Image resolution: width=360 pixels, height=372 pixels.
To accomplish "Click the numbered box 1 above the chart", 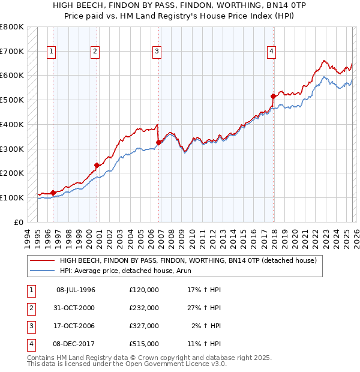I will [x=52, y=52].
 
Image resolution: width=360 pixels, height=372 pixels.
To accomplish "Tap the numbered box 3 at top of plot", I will [x=157, y=52].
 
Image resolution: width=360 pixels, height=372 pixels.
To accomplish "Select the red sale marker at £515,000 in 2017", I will [x=273, y=96].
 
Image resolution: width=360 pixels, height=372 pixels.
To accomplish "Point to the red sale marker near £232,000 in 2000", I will [x=97, y=165].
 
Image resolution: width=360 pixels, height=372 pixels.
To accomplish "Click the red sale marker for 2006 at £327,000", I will [x=159, y=142].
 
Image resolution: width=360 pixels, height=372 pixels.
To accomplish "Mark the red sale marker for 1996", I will [x=53, y=193].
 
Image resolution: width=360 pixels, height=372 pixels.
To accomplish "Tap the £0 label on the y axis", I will [x=18, y=222].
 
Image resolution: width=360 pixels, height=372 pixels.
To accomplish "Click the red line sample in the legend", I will [x=42, y=261].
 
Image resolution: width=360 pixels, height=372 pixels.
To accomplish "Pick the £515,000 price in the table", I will [x=144, y=344].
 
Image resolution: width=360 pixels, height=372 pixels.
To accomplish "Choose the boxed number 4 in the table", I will [x=30, y=344].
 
